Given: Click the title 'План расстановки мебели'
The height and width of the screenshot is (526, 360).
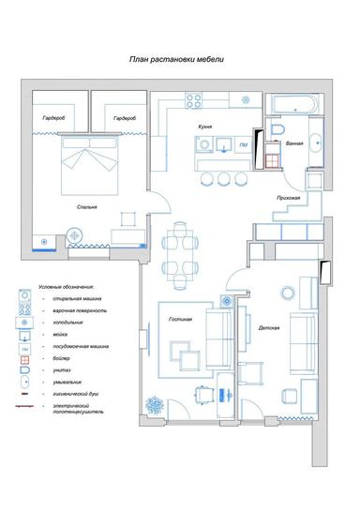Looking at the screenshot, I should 176,59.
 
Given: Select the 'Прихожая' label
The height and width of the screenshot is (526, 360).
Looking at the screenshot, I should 289,198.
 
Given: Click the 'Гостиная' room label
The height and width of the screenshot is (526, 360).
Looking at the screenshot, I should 180,320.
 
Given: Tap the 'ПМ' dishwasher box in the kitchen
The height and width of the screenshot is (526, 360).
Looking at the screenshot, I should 243,146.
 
